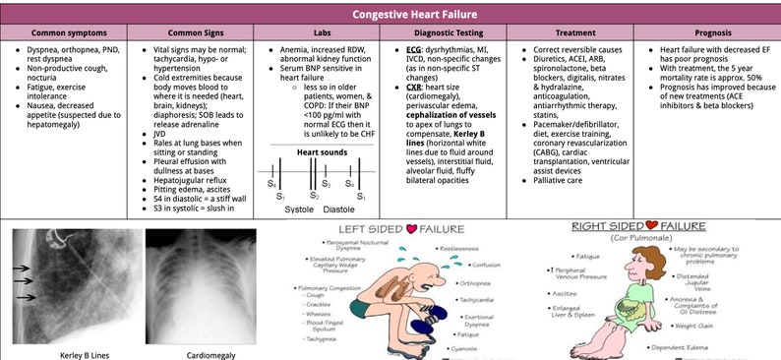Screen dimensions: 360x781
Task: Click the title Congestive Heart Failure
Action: tap(390, 15)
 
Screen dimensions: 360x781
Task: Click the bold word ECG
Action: tap(416, 47)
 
